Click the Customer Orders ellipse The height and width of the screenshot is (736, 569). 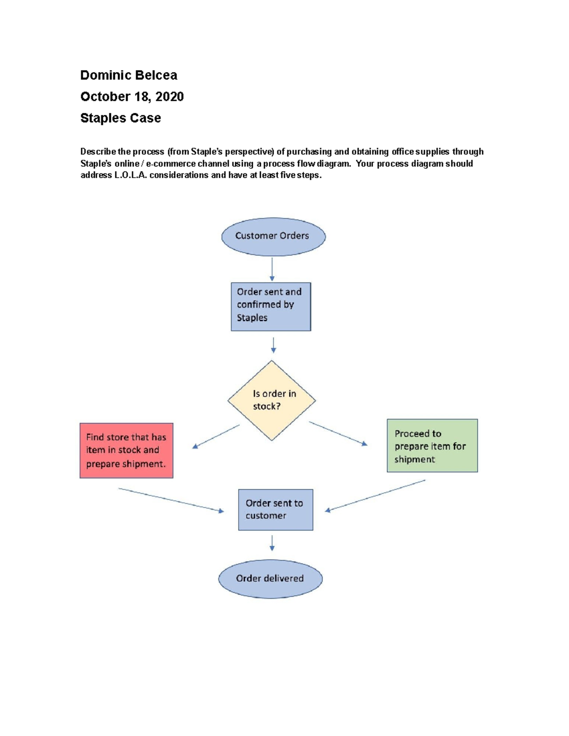click(x=273, y=236)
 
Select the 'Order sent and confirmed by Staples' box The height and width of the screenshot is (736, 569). click(x=271, y=306)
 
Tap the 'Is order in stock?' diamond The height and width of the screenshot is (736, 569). click(x=272, y=400)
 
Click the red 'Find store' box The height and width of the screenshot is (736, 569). click(x=126, y=450)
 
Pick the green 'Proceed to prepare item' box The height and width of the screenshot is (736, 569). click(x=432, y=445)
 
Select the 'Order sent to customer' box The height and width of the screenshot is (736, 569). click(x=275, y=509)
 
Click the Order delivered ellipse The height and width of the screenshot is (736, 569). click(x=270, y=579)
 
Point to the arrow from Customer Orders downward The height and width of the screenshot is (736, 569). click(x=272, y=269)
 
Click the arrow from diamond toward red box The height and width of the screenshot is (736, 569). click(x=216, y=436)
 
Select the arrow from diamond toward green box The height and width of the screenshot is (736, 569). click(x=338, y=434)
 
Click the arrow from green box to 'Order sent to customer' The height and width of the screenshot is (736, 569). click(x=375, y=495)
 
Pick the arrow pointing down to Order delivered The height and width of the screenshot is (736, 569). click(x=272, y=543)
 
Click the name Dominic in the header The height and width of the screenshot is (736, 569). click(x=105, y=75)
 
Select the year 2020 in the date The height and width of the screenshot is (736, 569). click(x=169, y=97)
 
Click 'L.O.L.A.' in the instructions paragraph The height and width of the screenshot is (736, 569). click(x=131, y=175)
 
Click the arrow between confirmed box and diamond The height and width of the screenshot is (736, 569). click(x=273, y=345)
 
